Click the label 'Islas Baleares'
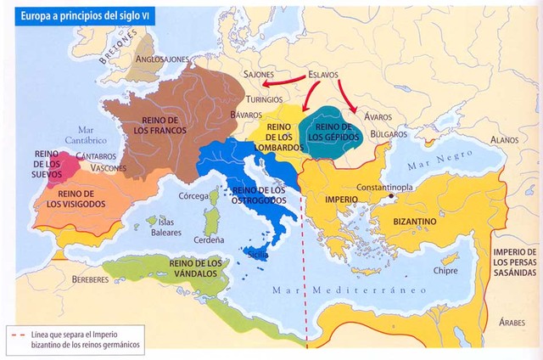point(165,227)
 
